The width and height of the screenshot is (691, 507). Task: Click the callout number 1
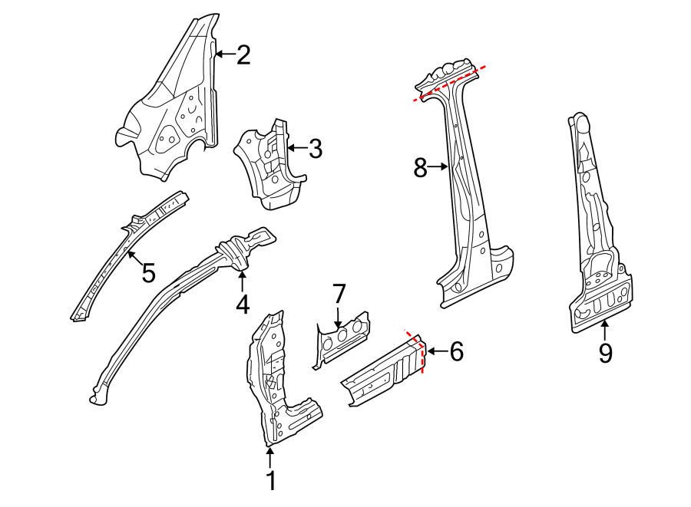[269, 481]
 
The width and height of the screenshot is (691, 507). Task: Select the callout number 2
[243, 54]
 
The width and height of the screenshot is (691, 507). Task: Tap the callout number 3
[315, 149]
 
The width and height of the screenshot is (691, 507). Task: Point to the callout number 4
[243, 305]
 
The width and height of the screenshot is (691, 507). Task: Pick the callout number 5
[147, 272]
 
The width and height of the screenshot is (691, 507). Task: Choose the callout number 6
[456, 352]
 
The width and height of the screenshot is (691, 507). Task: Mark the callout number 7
[339, 293]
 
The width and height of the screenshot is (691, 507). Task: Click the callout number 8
[420, 167]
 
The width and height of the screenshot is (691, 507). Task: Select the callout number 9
[605, 353]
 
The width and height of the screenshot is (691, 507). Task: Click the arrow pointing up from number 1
[269, 457]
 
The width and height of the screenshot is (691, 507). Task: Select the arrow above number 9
[605, 330]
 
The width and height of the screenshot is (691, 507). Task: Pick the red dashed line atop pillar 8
[450, 84]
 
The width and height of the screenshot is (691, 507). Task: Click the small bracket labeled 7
[342, 337]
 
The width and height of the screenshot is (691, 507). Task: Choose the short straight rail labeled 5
[127, 257]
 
